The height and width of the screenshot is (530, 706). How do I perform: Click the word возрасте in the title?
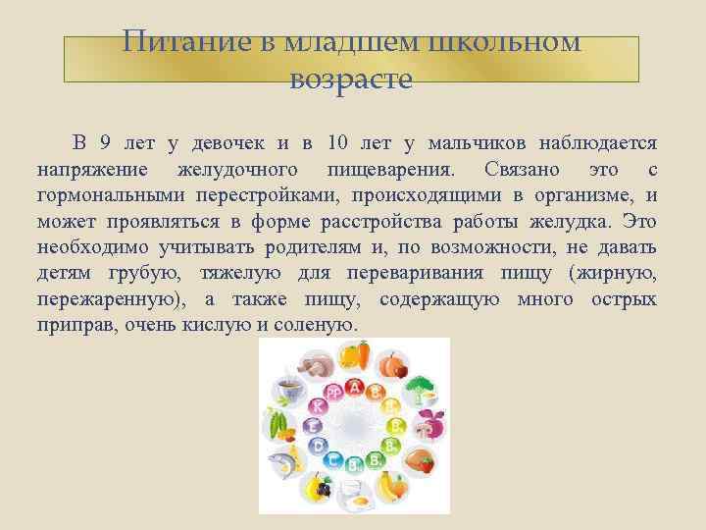[x=351, y=78]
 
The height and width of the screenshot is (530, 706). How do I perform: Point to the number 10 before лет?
[x=338, y=144]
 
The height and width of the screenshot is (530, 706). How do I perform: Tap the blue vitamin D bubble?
[x=316, y=446]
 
